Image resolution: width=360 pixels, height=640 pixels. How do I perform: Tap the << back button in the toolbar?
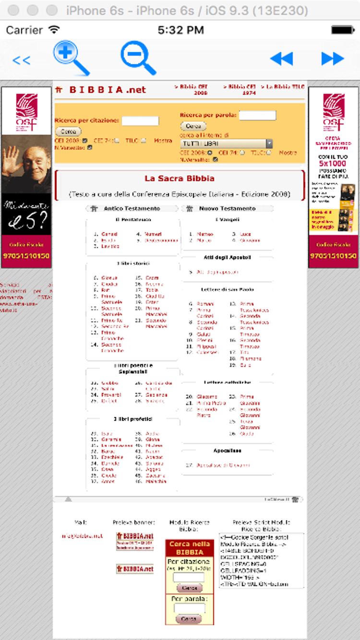point(21,60)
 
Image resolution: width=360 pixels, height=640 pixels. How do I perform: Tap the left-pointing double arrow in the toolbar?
point(281,59)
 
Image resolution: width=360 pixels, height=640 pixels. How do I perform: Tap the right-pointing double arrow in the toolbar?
point(333,59)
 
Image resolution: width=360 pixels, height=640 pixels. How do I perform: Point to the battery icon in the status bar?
point(343,30)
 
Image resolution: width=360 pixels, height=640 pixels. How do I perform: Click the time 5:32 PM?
point(180,30)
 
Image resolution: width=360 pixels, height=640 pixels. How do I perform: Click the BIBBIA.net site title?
point(108,90)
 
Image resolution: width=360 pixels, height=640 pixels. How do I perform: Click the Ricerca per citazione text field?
point(140,121)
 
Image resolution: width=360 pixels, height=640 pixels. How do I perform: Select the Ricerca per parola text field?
point(257,115)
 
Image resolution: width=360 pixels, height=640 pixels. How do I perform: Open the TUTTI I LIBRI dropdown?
point(227,143)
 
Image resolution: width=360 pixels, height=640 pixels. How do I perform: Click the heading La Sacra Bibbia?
point(180,178)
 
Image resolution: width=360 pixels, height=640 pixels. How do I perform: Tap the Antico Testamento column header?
point(132,209)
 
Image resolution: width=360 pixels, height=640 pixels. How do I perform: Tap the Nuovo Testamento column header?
point(227,209)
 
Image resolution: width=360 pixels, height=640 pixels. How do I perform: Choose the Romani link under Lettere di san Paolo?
point(205,304)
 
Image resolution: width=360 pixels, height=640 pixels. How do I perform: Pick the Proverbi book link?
point(111,395)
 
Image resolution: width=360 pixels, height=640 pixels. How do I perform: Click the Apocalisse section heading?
point(227,451)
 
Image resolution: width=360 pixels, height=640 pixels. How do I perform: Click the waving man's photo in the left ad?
point(26,164)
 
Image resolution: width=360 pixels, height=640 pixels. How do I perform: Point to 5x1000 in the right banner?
point(333,163)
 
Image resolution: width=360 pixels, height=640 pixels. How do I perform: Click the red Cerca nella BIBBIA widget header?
point(190,548)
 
